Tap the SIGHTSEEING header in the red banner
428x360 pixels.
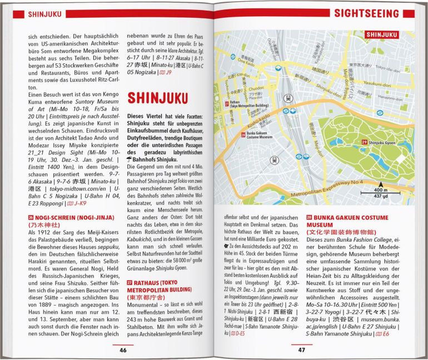pos(376,13)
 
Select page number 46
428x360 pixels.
pos(123,349)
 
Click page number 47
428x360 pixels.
pos(301,349)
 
